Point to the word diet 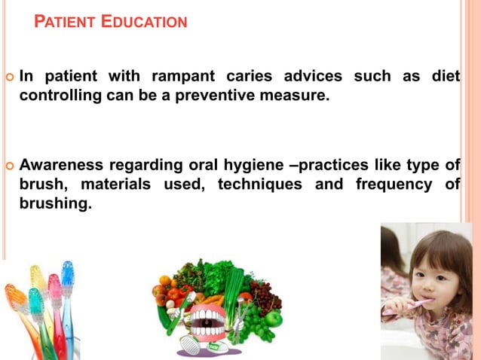coord(445,76)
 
